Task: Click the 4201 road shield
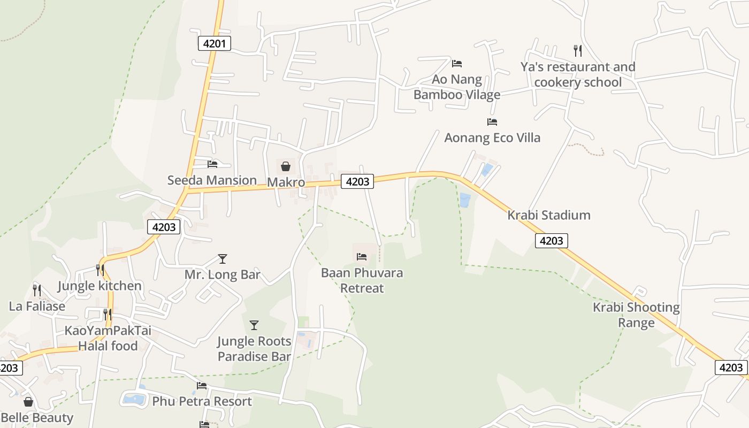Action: coord(215,43)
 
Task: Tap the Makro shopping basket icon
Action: coord(286,166)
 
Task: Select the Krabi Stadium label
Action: coord(549,215)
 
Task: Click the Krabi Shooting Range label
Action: coord(636,315)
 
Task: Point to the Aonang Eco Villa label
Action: coord(492,137)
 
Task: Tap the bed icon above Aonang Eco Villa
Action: coord(492,122)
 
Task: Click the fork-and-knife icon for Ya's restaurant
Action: coord(577,51)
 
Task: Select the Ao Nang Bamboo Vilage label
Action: coord(457,87)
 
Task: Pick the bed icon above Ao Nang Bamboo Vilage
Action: coord(457,63)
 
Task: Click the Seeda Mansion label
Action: coord(212,180)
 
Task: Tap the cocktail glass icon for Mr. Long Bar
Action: coord(223,259)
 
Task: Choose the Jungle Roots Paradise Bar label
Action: coord(254,349)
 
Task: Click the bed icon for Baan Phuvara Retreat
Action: coord(362,257)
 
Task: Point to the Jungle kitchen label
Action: coord(100,286)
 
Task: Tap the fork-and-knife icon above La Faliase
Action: coord(37,291)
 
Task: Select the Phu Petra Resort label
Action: coord(202,401)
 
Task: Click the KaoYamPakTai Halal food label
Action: coord(108,338)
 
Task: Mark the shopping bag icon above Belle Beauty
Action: coord(28,402)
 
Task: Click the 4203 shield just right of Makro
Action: coord(357,181)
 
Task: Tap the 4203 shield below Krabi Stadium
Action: coord(551,241)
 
